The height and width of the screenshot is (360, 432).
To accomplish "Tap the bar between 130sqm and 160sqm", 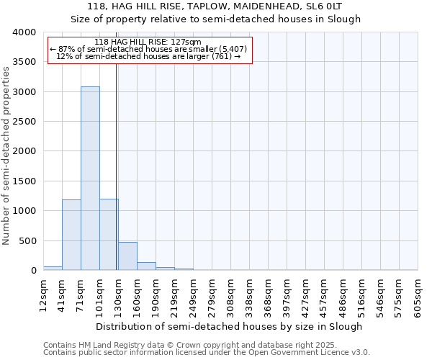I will coord(127,256).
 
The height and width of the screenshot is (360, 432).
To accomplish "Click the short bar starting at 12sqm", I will coord(53,268).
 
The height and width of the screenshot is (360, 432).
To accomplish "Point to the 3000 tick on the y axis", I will coord(24,92).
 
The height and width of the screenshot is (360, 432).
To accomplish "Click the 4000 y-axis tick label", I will coord(24,32).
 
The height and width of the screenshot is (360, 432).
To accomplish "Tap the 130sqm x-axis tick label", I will coord(119,294).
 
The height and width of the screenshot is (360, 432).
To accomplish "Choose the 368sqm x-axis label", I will coord(269,294).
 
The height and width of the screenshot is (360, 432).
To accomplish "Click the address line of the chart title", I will coord(215,6).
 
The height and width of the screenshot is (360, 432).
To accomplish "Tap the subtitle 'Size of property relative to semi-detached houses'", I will coord(215,19).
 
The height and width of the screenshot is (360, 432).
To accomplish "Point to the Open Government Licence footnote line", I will coord(207,353).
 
